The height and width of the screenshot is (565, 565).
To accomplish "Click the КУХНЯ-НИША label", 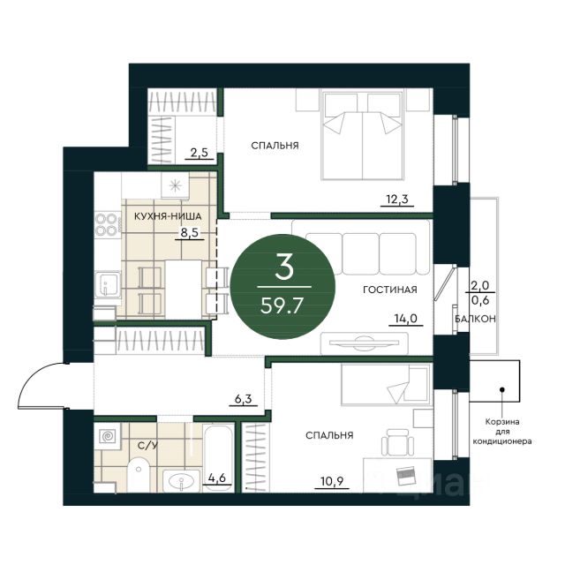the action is (168, 216).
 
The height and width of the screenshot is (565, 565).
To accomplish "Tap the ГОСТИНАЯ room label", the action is (390, 290).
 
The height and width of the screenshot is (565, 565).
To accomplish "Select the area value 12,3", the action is (396, 199).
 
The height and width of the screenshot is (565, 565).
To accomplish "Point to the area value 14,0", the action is (405, 319).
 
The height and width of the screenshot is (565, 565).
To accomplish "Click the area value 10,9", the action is (332, 480).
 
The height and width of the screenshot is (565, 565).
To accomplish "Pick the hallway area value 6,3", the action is (243, 399).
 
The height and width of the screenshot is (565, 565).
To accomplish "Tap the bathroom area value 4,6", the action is (216, 478).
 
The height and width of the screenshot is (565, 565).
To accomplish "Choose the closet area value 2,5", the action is (200, 153).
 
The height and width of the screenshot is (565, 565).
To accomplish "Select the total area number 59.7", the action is (282, 306).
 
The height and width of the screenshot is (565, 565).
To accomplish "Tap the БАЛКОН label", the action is (475, 319).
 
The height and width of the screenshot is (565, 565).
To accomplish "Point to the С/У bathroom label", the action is (147, 446).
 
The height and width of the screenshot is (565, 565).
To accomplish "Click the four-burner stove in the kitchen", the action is (107, 224).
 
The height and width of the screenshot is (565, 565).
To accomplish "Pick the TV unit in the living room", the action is (365, 343).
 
